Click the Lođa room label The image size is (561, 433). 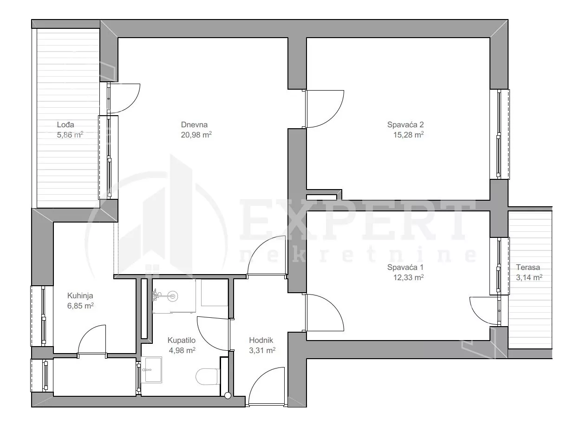(x=65, y=125)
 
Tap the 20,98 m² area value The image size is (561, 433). (x=196, y=135)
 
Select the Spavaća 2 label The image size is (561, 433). (x=405, y=125)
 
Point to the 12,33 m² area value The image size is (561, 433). (x=408, y=277)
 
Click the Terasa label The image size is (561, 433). (x=528, y=267)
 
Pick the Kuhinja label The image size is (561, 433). (x=80, y=295)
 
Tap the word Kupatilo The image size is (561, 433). (x=182, y=340)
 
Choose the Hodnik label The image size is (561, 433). (x=261, y=340)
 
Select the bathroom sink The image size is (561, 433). (x=152, y=370)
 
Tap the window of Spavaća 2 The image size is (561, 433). (x=500, y=134)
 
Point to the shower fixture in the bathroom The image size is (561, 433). (x=166, y=296)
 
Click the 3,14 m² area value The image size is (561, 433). (x=529, y=277)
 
